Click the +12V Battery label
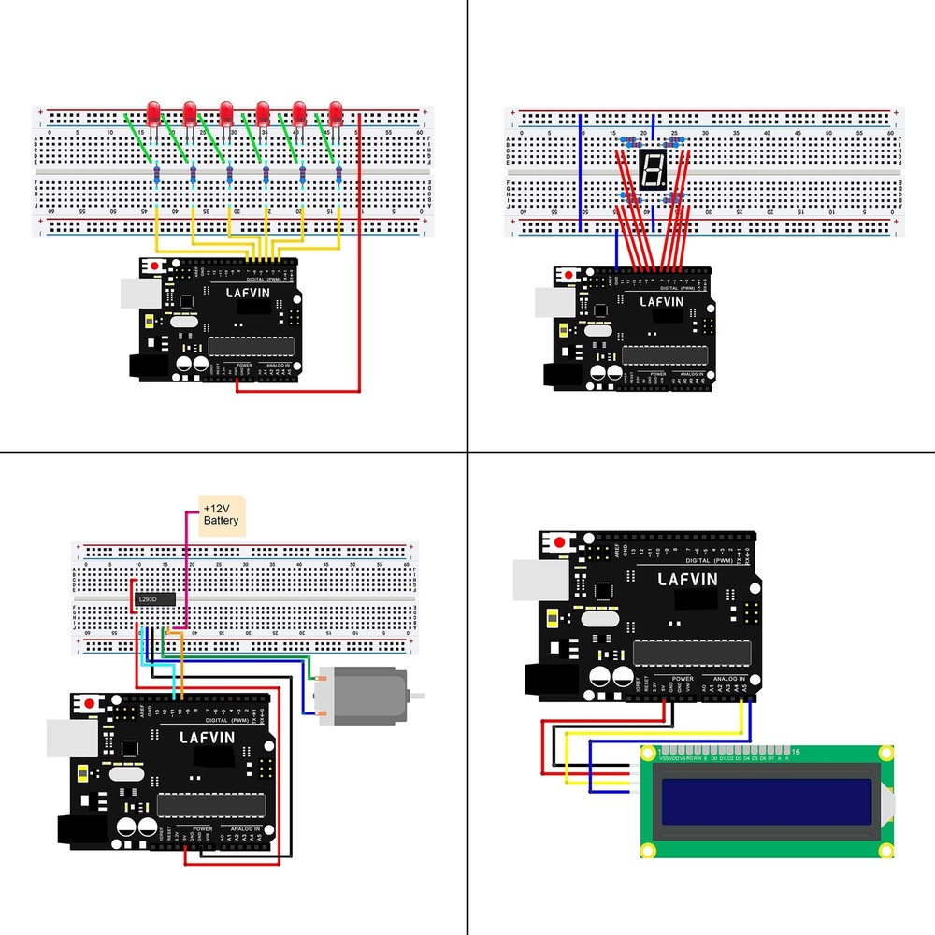click(221, 513)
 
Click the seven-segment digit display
click(652, 169)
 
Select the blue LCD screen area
click(767, 803)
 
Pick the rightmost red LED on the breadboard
click(336, 113)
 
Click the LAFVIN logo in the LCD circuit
click(687, 580)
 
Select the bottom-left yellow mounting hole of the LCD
click(647, 850)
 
